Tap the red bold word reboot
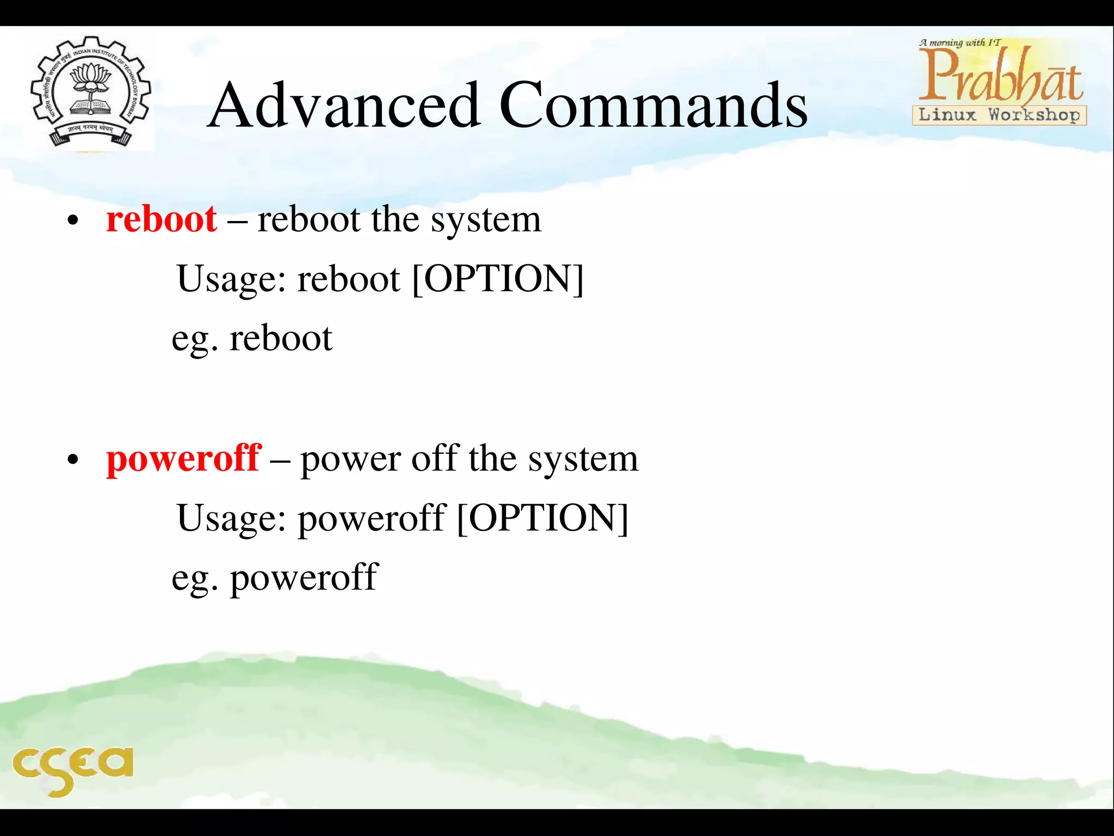(x=162, y=219)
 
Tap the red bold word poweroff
(x=184, y=458)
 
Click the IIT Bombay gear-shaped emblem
(x=90, y=91)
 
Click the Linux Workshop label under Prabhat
(x=999, y=115)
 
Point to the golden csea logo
(x=72, y=768)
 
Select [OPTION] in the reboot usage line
(x=498, y=279)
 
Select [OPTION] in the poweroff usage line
(x=542, y=518)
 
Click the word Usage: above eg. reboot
(x=231, y=280)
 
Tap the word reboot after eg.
(x=281, y=339)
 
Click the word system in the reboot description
(x=486, y=220)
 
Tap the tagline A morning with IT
(x=959, y=42)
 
